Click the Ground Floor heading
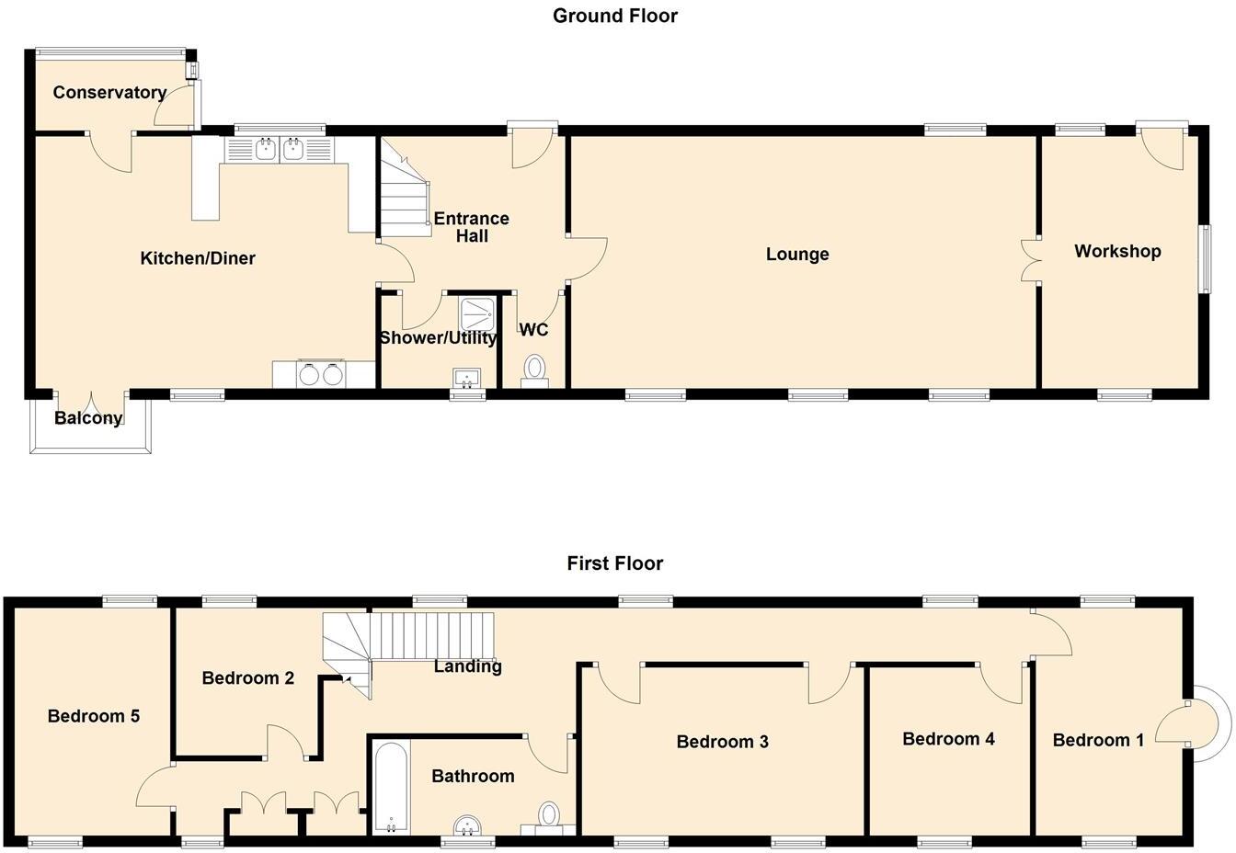(x=614, y=16)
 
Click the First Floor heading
(x=614, y=563)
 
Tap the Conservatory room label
(x=109, y=92)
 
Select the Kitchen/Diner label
(x=197, y=258)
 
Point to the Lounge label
(x=796, y=254)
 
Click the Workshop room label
(x=1116, y=251)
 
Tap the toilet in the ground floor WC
(x=534, y=369)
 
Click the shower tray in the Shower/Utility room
(x=476, y=313)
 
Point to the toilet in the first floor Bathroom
(x=549, y=815)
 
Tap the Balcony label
(x=88, y=418)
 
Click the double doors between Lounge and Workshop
(x=1030, y=260)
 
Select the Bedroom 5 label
(x=94, y=715)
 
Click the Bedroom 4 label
(x=948, y=738)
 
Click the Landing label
(x=467, y=666)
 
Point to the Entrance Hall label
(x=471, y=227)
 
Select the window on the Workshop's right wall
(x=1203, y=259)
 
